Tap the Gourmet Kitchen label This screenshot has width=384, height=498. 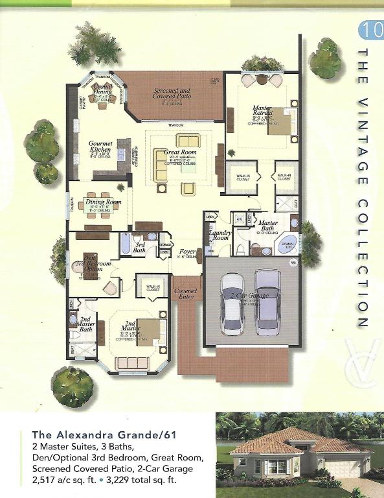(100, 147)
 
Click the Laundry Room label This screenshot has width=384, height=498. (220, 235)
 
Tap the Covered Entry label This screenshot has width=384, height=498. (186, 294)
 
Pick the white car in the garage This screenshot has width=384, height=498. (232, 303)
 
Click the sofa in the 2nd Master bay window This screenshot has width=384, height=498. (131, 363)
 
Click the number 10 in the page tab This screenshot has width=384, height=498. (370, 30)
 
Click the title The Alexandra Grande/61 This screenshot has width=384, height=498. (87, 435)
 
